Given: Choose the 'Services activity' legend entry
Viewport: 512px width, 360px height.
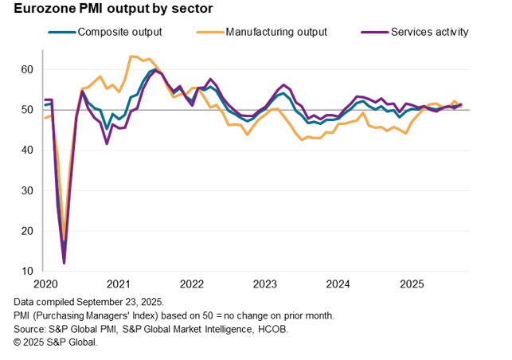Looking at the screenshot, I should coord(429,32).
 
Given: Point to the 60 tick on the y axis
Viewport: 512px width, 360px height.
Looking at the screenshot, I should coord(28,69).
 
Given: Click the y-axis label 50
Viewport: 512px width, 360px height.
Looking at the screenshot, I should coord(28,110).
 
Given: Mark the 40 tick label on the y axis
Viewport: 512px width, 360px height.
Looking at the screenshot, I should coord(28,150).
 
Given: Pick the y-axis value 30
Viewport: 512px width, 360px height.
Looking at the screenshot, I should coord(28,190).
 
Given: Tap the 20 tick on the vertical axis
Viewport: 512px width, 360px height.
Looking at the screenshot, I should coord(28,231).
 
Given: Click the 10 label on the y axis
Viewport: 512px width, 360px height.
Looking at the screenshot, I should coord(28,271).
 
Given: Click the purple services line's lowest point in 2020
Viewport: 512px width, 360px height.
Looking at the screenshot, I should coord(64,263).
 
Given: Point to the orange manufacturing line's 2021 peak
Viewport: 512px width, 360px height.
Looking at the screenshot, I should coord(131,57).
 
